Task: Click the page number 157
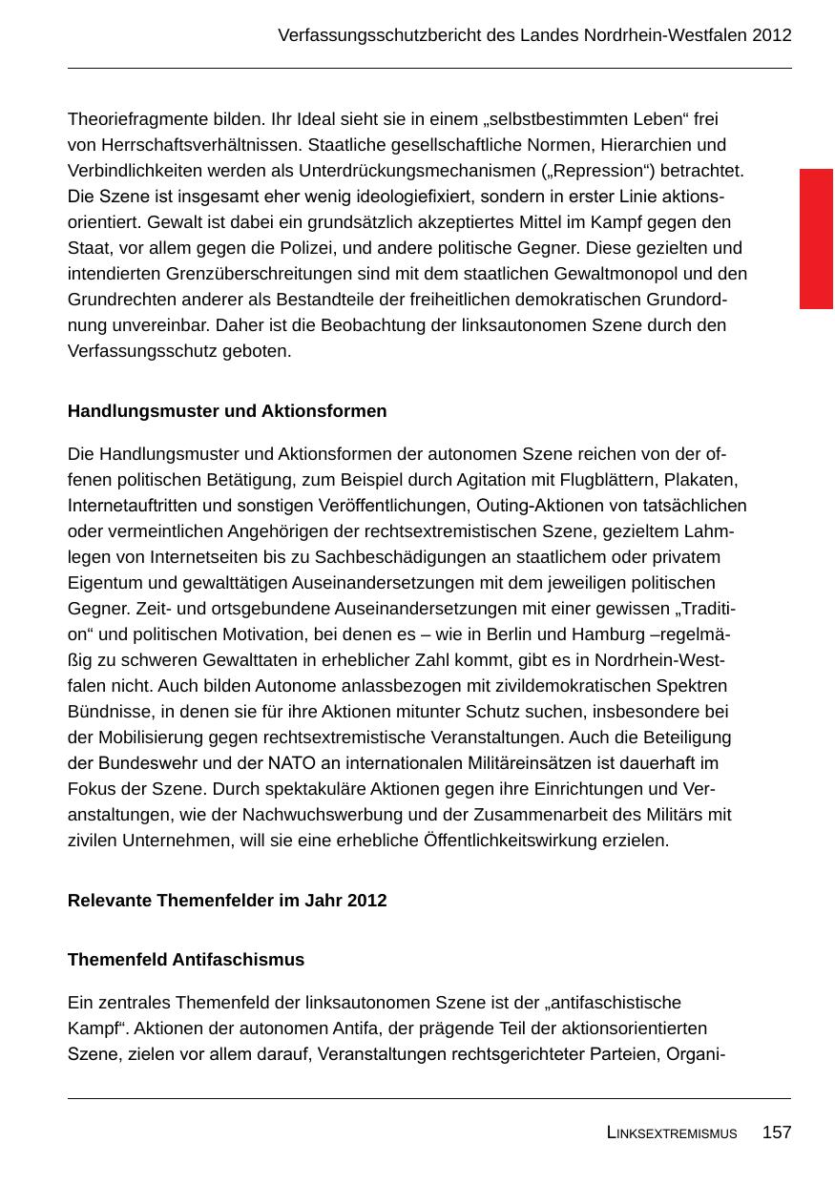(x=777, y=1132)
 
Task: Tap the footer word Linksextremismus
(x=672, y=1133)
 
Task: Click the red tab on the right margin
(x=816, y=239)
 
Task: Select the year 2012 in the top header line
(x=771, y=35)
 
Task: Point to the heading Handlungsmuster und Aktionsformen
(x=227, y=411)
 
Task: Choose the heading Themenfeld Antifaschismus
(x=186, y=960)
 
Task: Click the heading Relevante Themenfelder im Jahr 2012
(x=227, y=901)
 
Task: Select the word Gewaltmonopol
(x=609, y=274)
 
